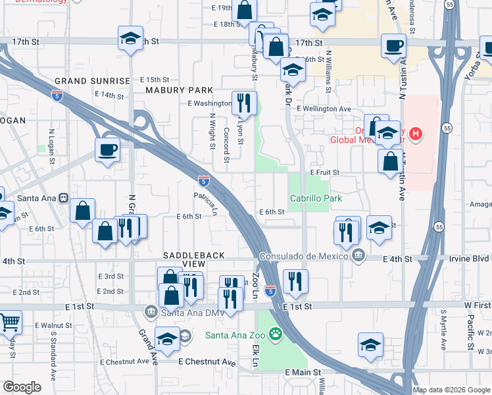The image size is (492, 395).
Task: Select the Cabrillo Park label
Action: click(316, 198)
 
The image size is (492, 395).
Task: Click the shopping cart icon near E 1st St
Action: click(9, 323)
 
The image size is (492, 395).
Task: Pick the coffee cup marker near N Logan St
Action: click(107, 149)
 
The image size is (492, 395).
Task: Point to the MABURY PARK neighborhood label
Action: click(179, 90)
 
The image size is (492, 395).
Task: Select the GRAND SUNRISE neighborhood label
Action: click(93, 80)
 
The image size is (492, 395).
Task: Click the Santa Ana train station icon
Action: click(64, 197)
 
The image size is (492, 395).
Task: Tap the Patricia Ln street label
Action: click(205, 203)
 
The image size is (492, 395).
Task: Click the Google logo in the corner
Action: click(22, 387)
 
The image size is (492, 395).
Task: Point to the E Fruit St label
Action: click(324, 172)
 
